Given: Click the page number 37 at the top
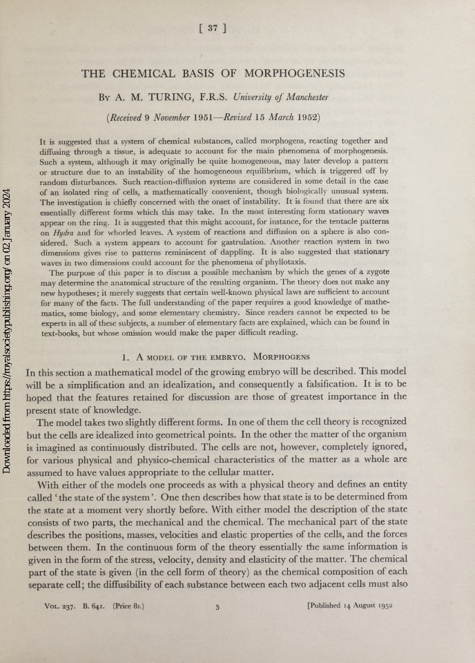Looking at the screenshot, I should click(x=213, y=28).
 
